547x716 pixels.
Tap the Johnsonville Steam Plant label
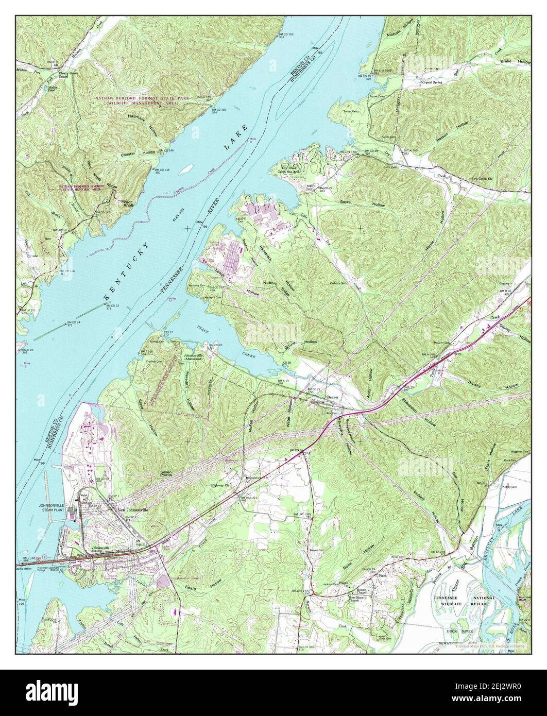(x=58, y=508)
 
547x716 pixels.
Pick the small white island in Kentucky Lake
(x=189, y=167)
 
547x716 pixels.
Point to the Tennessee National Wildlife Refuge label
(x=457, y=598)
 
